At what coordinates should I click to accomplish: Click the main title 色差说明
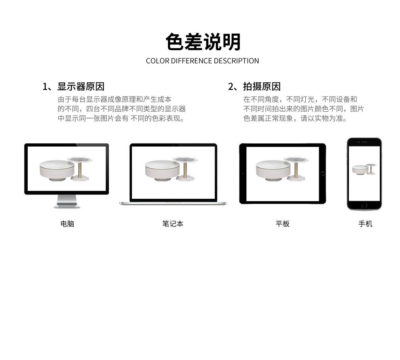pos(203,42)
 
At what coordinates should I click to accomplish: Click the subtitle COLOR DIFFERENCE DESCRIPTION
pos(202,61)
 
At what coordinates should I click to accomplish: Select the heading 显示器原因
pos(81,87)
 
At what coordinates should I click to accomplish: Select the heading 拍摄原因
pos(262,87)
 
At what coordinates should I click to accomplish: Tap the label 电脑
pos(67,224)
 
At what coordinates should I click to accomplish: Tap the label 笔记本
pos(173,224)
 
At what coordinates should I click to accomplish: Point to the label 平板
pos(282,224)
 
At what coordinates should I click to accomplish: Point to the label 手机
pos(365,224)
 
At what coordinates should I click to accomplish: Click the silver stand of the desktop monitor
pos(67,201)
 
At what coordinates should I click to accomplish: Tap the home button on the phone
pos(364,205)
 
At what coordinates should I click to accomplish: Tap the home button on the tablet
pos(322,174)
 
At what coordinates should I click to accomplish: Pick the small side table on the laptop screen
pos(185,169)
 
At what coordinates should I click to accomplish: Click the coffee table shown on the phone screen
pos(360,170)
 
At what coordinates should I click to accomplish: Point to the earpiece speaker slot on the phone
pos(364,142)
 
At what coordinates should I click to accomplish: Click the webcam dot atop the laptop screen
pos(173,145)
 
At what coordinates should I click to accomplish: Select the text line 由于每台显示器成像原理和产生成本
pos(114,99)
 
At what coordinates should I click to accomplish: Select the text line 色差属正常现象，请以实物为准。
pos(295,118)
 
